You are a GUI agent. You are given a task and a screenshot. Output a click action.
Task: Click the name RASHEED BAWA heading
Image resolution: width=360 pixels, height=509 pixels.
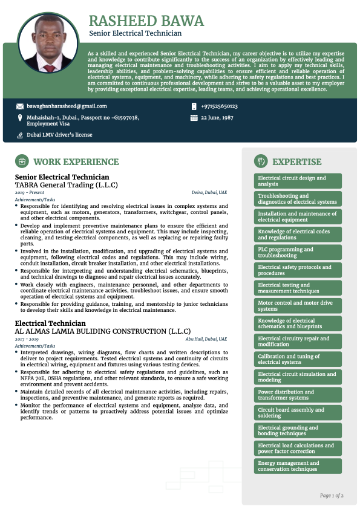click(146, 21)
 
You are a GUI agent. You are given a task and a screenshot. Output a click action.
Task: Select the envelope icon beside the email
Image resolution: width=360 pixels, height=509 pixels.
click(20, 106)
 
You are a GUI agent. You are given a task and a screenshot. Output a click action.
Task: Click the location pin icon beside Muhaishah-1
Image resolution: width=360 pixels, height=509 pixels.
click(20, 118)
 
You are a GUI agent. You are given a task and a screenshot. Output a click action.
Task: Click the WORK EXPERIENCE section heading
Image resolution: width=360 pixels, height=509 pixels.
click(76, 162)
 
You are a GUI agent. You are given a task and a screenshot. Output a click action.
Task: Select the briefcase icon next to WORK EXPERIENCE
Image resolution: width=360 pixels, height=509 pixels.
click(22, 162)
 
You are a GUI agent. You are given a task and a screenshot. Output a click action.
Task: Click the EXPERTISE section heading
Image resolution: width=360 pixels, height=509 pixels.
click(297, 162)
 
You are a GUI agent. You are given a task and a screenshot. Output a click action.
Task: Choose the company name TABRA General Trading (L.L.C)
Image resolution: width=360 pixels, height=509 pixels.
click(66, 185)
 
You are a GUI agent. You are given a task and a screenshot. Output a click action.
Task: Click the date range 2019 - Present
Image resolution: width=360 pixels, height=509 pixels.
click(28, 192)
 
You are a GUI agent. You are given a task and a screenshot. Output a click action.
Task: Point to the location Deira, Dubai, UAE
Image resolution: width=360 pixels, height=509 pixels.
click(209, 192)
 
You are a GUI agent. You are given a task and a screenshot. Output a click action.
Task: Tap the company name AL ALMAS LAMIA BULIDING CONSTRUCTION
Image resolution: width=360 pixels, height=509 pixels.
click(102, 331)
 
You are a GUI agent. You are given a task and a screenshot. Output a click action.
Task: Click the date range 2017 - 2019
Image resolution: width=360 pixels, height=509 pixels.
click(27, 339)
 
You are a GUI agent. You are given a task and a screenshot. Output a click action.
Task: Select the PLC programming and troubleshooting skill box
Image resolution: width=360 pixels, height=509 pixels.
click(298, 252)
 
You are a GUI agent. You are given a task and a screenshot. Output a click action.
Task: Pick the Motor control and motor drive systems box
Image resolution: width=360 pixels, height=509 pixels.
click(298, 306)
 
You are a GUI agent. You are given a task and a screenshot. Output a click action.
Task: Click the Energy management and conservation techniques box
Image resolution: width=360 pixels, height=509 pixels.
click(298, 466)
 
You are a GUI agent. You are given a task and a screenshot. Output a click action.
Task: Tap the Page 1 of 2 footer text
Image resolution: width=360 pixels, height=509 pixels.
click(332, 496)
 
